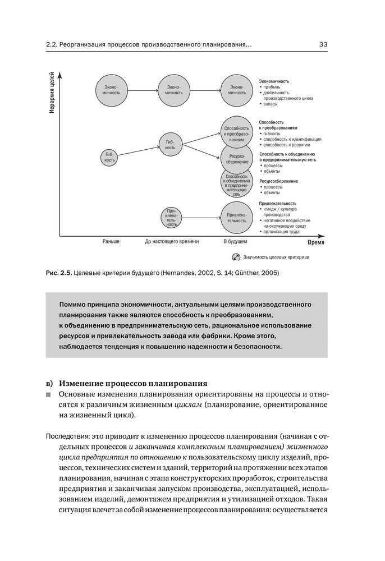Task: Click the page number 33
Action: [324, 44]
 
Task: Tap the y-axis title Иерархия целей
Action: [51, 93]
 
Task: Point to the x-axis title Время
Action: [316, 243]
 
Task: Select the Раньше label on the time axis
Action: [111, 242]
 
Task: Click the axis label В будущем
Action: [235, 242]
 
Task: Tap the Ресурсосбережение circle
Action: [236, 159]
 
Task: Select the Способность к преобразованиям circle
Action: [236, 132]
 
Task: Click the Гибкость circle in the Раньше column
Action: [110, 157]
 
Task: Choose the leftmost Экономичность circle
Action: [111, 90]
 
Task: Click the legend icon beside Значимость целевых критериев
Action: [236, 257]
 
